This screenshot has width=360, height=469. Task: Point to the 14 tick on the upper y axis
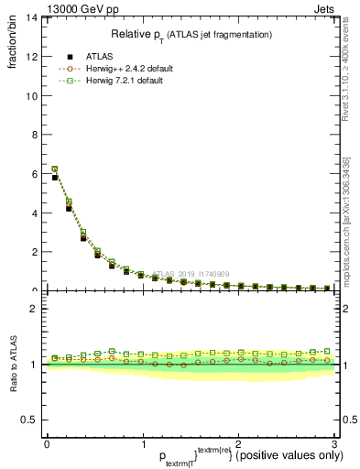34,17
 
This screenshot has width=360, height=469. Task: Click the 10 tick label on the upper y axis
34,95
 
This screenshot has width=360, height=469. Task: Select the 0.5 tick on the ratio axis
32,420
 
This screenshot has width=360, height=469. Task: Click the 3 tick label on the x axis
334,443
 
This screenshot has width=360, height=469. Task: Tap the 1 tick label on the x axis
143,443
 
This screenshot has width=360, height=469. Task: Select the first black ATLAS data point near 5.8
55,178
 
